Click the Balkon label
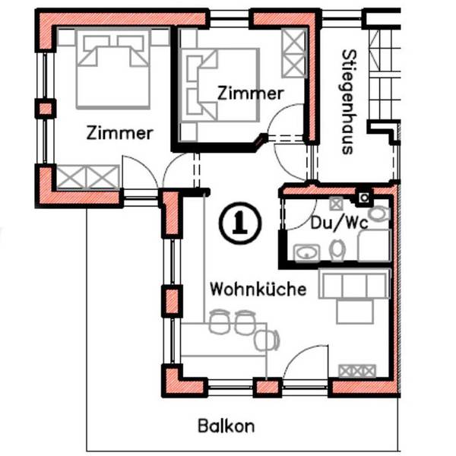click(x=226, y=426)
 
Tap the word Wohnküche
click(x=258, y=289)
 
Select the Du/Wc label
click(x=340, y=223)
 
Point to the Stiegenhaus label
click(x=348, y=102)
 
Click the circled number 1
click(x=240, y=223)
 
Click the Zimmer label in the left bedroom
click(x=120, y=133)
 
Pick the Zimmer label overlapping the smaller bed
click(x=250, y=93)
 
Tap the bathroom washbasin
click(x=307, y=253)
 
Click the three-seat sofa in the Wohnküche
click(x=354, y=283)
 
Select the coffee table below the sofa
click(x=355, y=312)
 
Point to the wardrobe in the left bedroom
click(x=87, y=177)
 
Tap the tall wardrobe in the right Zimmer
click(x=294, y=53)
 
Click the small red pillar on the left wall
click(x=46, y=109)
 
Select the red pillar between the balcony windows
click(x=268, y=388)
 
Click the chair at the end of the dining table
click(x=267, y=340)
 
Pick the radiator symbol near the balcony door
click(x=357, y=371)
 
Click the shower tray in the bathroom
click(x=374, y=245)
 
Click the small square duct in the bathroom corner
click(x=364, y=198)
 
